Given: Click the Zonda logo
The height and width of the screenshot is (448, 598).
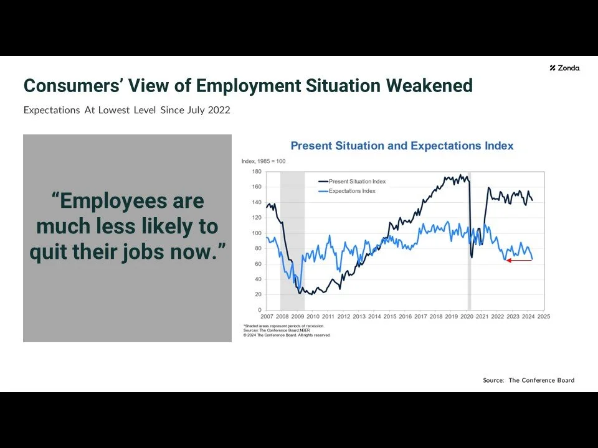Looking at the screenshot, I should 565,68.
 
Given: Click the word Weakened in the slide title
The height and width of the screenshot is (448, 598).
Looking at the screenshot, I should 429,85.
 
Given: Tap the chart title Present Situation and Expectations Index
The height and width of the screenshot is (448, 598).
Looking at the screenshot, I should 402,146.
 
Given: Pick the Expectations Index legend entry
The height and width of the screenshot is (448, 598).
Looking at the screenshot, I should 352,191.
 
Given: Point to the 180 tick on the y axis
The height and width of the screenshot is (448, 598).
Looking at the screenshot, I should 257,171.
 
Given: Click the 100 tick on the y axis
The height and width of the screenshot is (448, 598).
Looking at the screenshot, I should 257,233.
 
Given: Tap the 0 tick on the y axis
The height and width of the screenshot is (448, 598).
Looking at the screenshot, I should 259,310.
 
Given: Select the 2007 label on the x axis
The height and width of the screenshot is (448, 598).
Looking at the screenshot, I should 266,317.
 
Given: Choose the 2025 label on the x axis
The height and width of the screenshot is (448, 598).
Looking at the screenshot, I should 544,317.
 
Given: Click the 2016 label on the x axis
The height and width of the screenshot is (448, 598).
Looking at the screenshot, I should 405,317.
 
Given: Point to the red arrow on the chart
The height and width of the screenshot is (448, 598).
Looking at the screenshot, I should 519,260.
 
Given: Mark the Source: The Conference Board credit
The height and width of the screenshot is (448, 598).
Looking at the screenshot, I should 528,380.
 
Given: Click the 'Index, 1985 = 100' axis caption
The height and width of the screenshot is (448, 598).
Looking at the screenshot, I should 263,162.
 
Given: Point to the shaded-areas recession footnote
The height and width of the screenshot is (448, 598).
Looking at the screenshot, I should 283,326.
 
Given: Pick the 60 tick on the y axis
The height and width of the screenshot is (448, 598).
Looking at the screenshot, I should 258,264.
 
